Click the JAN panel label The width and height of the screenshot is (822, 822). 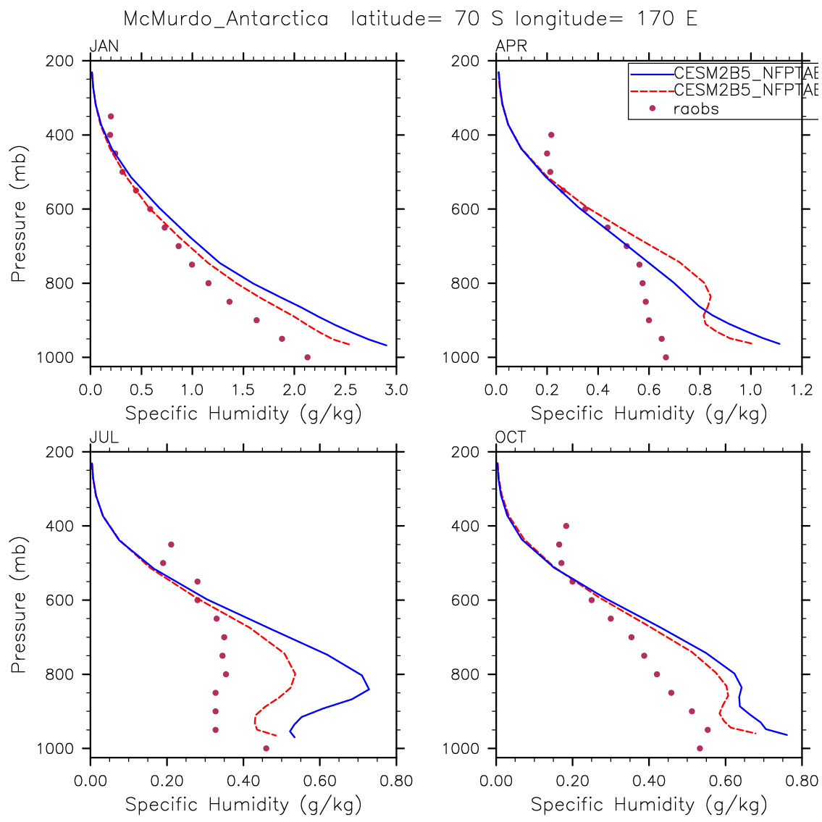point(104,47)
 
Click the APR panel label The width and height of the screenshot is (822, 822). point(511,47)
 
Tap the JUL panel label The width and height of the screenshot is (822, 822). point(104,438)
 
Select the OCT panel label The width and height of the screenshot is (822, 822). point(511,438)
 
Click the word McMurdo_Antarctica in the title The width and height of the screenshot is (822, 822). point(226,19)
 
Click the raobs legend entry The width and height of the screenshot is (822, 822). point(695,109)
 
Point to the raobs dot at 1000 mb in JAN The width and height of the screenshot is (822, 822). point(307,357)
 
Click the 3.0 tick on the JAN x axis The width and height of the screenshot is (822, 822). point(396,390)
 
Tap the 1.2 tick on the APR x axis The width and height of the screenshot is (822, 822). point(802,390)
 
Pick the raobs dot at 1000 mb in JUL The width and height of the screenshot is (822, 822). point(266,748)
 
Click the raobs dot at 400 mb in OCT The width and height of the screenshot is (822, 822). point(566,526)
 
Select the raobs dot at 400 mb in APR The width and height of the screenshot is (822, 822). point(551,135)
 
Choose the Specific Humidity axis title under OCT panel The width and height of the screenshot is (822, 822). point(649,804)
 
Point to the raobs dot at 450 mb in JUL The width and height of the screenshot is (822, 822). point(171,545)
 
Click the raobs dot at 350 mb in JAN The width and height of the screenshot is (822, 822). point(111,116)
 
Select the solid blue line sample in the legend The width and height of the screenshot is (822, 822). point(652,73)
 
